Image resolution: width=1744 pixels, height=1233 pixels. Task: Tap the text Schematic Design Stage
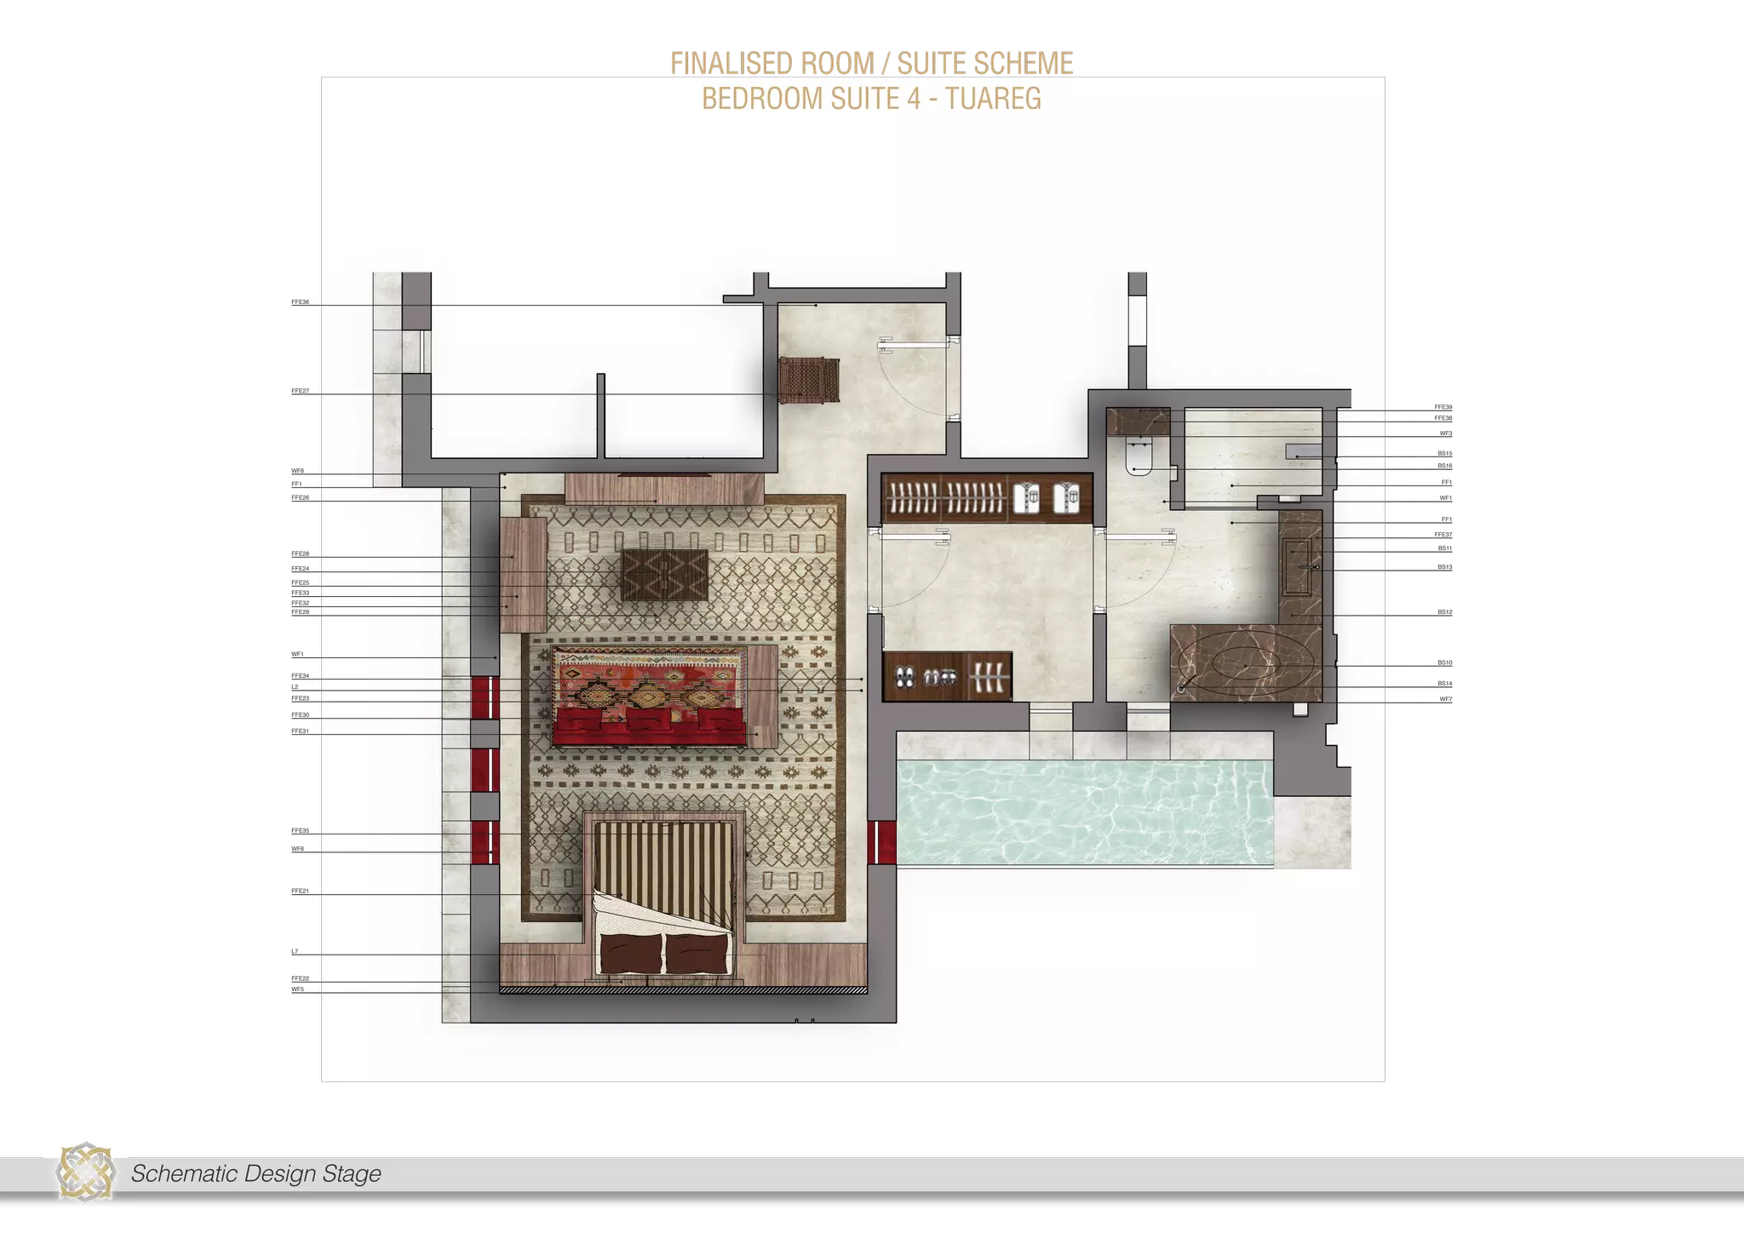pyautogui.click(x=255, y=1174)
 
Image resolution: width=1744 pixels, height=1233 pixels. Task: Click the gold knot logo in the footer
pyautogui.click(x=85, y=1174)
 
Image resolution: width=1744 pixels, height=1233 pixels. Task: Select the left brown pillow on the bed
pyautogui.click(x=631, y=954)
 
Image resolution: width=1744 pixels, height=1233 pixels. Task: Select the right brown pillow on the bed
pyautogui.click(x=697, y=954)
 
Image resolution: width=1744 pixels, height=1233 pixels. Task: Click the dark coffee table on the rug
pyautogui.click(x=665, y=575)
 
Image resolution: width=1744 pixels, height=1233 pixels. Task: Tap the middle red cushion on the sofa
pyautogui.click(x=651, y=721)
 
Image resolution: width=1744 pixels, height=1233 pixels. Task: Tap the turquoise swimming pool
pyautogui.click(x=1086, y=810)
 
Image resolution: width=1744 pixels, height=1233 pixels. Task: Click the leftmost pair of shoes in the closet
pyautogui.click(x=904, y=678)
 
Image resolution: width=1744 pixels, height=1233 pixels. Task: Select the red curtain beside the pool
pyautogui.click(x=881, y=842)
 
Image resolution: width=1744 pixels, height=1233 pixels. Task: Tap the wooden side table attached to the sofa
pyautogui.click(x=762, y=695)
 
